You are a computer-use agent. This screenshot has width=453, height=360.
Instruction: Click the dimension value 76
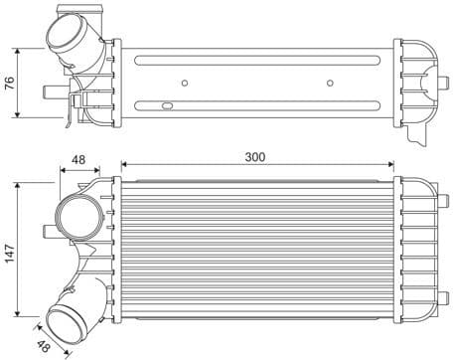point(10,82)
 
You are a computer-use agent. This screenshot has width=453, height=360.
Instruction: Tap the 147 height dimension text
point(10,253)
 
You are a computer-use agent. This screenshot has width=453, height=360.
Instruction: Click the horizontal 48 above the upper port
point(79,158)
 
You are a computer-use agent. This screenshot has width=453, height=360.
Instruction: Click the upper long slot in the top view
point(256,65)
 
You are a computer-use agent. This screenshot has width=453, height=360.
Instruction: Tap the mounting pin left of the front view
point(49,232)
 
